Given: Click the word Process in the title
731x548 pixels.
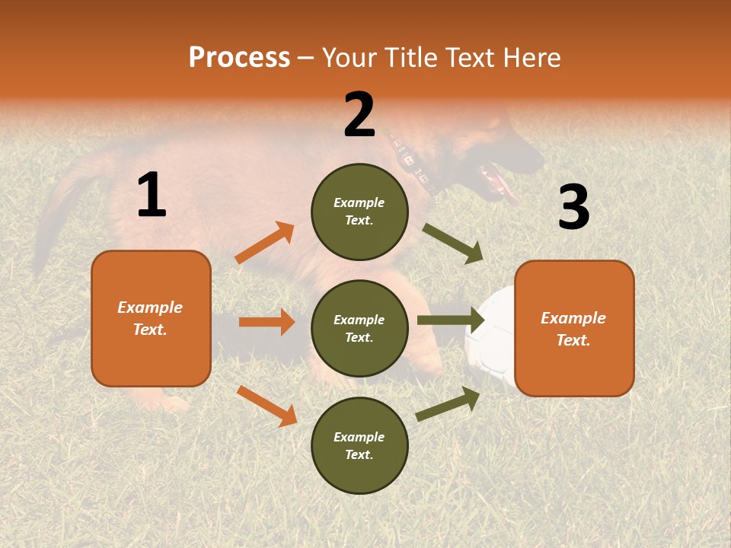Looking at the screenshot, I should (239, 57).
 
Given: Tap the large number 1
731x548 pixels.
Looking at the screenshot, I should (151, 196).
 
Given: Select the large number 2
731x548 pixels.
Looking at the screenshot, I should (359, 114).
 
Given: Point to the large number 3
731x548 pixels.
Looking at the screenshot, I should (573, 207).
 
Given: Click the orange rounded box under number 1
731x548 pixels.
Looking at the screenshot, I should (151, 318).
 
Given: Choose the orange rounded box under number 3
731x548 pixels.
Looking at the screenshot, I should (574, 329).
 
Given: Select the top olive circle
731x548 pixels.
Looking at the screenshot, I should (359, 212).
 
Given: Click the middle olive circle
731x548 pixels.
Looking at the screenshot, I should (359, 329).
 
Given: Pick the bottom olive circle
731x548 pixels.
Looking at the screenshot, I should (359, 446).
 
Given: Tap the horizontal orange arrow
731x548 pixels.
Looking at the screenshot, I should (267, 322).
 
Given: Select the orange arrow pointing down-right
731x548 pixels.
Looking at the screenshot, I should (267, 406).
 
